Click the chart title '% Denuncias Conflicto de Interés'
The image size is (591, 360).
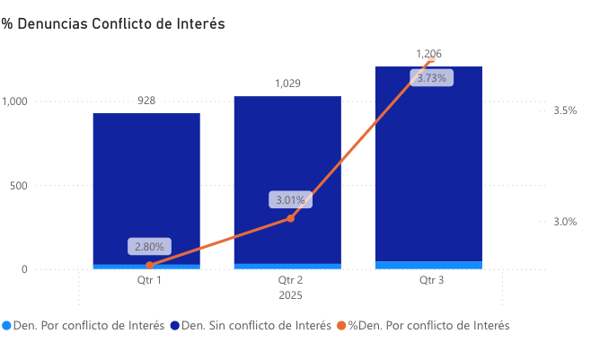coord(113,24)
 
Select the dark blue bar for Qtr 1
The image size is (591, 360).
coord(146,180)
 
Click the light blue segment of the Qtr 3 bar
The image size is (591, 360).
coord(429,265)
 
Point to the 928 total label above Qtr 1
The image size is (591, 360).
coord(146,101)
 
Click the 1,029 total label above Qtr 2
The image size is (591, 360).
coord(287,83)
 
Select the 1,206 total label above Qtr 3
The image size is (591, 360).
coord(428,54)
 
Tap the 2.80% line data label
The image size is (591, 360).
coord(149,246)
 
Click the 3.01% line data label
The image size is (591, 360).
coord(290,199)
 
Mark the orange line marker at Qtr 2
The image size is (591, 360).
coord(290,218)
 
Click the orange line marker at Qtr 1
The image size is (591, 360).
coord(149,265)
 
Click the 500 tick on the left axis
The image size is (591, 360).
coord(19,186)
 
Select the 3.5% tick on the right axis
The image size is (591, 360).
coord(565,110)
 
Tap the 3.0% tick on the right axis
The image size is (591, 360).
coord(565,222)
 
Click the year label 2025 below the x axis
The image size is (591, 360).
coord(290,295)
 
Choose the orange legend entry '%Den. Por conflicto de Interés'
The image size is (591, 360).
coord(428,326)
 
